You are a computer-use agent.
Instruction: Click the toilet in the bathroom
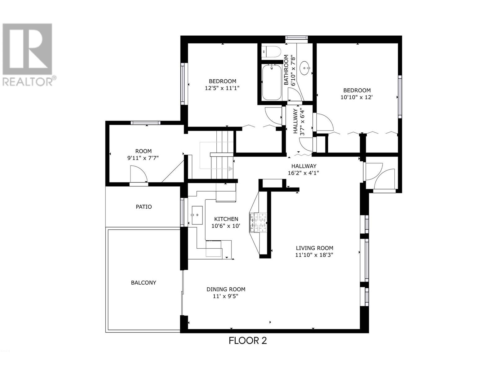click(x=271, y=52)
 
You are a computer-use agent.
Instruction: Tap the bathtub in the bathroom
click(x=272, y=82)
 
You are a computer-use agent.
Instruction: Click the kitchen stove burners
click(x=258, y=223)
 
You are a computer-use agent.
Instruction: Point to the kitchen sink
click(x=197, y=215)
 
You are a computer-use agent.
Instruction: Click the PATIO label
click(x=144, y=207)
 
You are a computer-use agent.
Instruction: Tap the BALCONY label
click(x=144, y=282)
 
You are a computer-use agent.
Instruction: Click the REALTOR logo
click(x=28, y=55)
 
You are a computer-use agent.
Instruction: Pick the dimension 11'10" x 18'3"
click(x=314, y=255)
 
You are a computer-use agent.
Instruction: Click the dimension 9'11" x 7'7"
click(x=143, y=158)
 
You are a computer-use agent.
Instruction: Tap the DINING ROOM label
click(x=226, y=289)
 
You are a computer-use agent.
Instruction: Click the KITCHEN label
click(x=226, y=219)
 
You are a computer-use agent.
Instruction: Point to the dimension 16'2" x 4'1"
click(x=303, y=173)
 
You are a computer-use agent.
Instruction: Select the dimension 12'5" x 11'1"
click(x=222, y=88)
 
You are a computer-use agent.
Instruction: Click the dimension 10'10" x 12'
click(x=356, y=97)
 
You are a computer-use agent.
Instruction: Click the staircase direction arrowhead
click(x=230, y=169)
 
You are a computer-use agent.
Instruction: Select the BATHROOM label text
click(x=286, y=70)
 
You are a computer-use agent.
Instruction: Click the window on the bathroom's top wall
click(x=296, y=39)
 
